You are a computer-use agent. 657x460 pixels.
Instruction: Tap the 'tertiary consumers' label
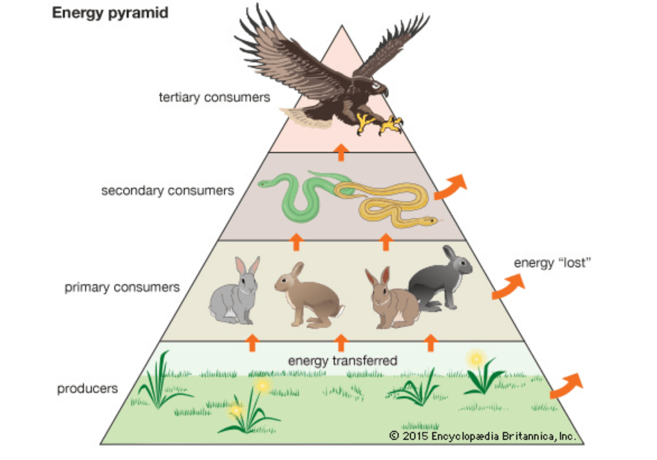point(214,97)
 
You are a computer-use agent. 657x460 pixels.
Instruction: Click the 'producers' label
point(88,389)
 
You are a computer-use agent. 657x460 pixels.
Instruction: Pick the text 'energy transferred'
point(342,361)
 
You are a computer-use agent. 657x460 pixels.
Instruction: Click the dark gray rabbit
point(442,279)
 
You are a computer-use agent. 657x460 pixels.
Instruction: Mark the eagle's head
point(379,87)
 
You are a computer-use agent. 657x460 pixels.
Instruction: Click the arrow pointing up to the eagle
point(340,152)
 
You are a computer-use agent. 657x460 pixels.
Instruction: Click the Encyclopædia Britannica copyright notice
point(482,435)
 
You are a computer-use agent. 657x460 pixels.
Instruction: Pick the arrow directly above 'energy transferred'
point(341,343)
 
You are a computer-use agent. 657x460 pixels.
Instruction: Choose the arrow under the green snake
point(296,240)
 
